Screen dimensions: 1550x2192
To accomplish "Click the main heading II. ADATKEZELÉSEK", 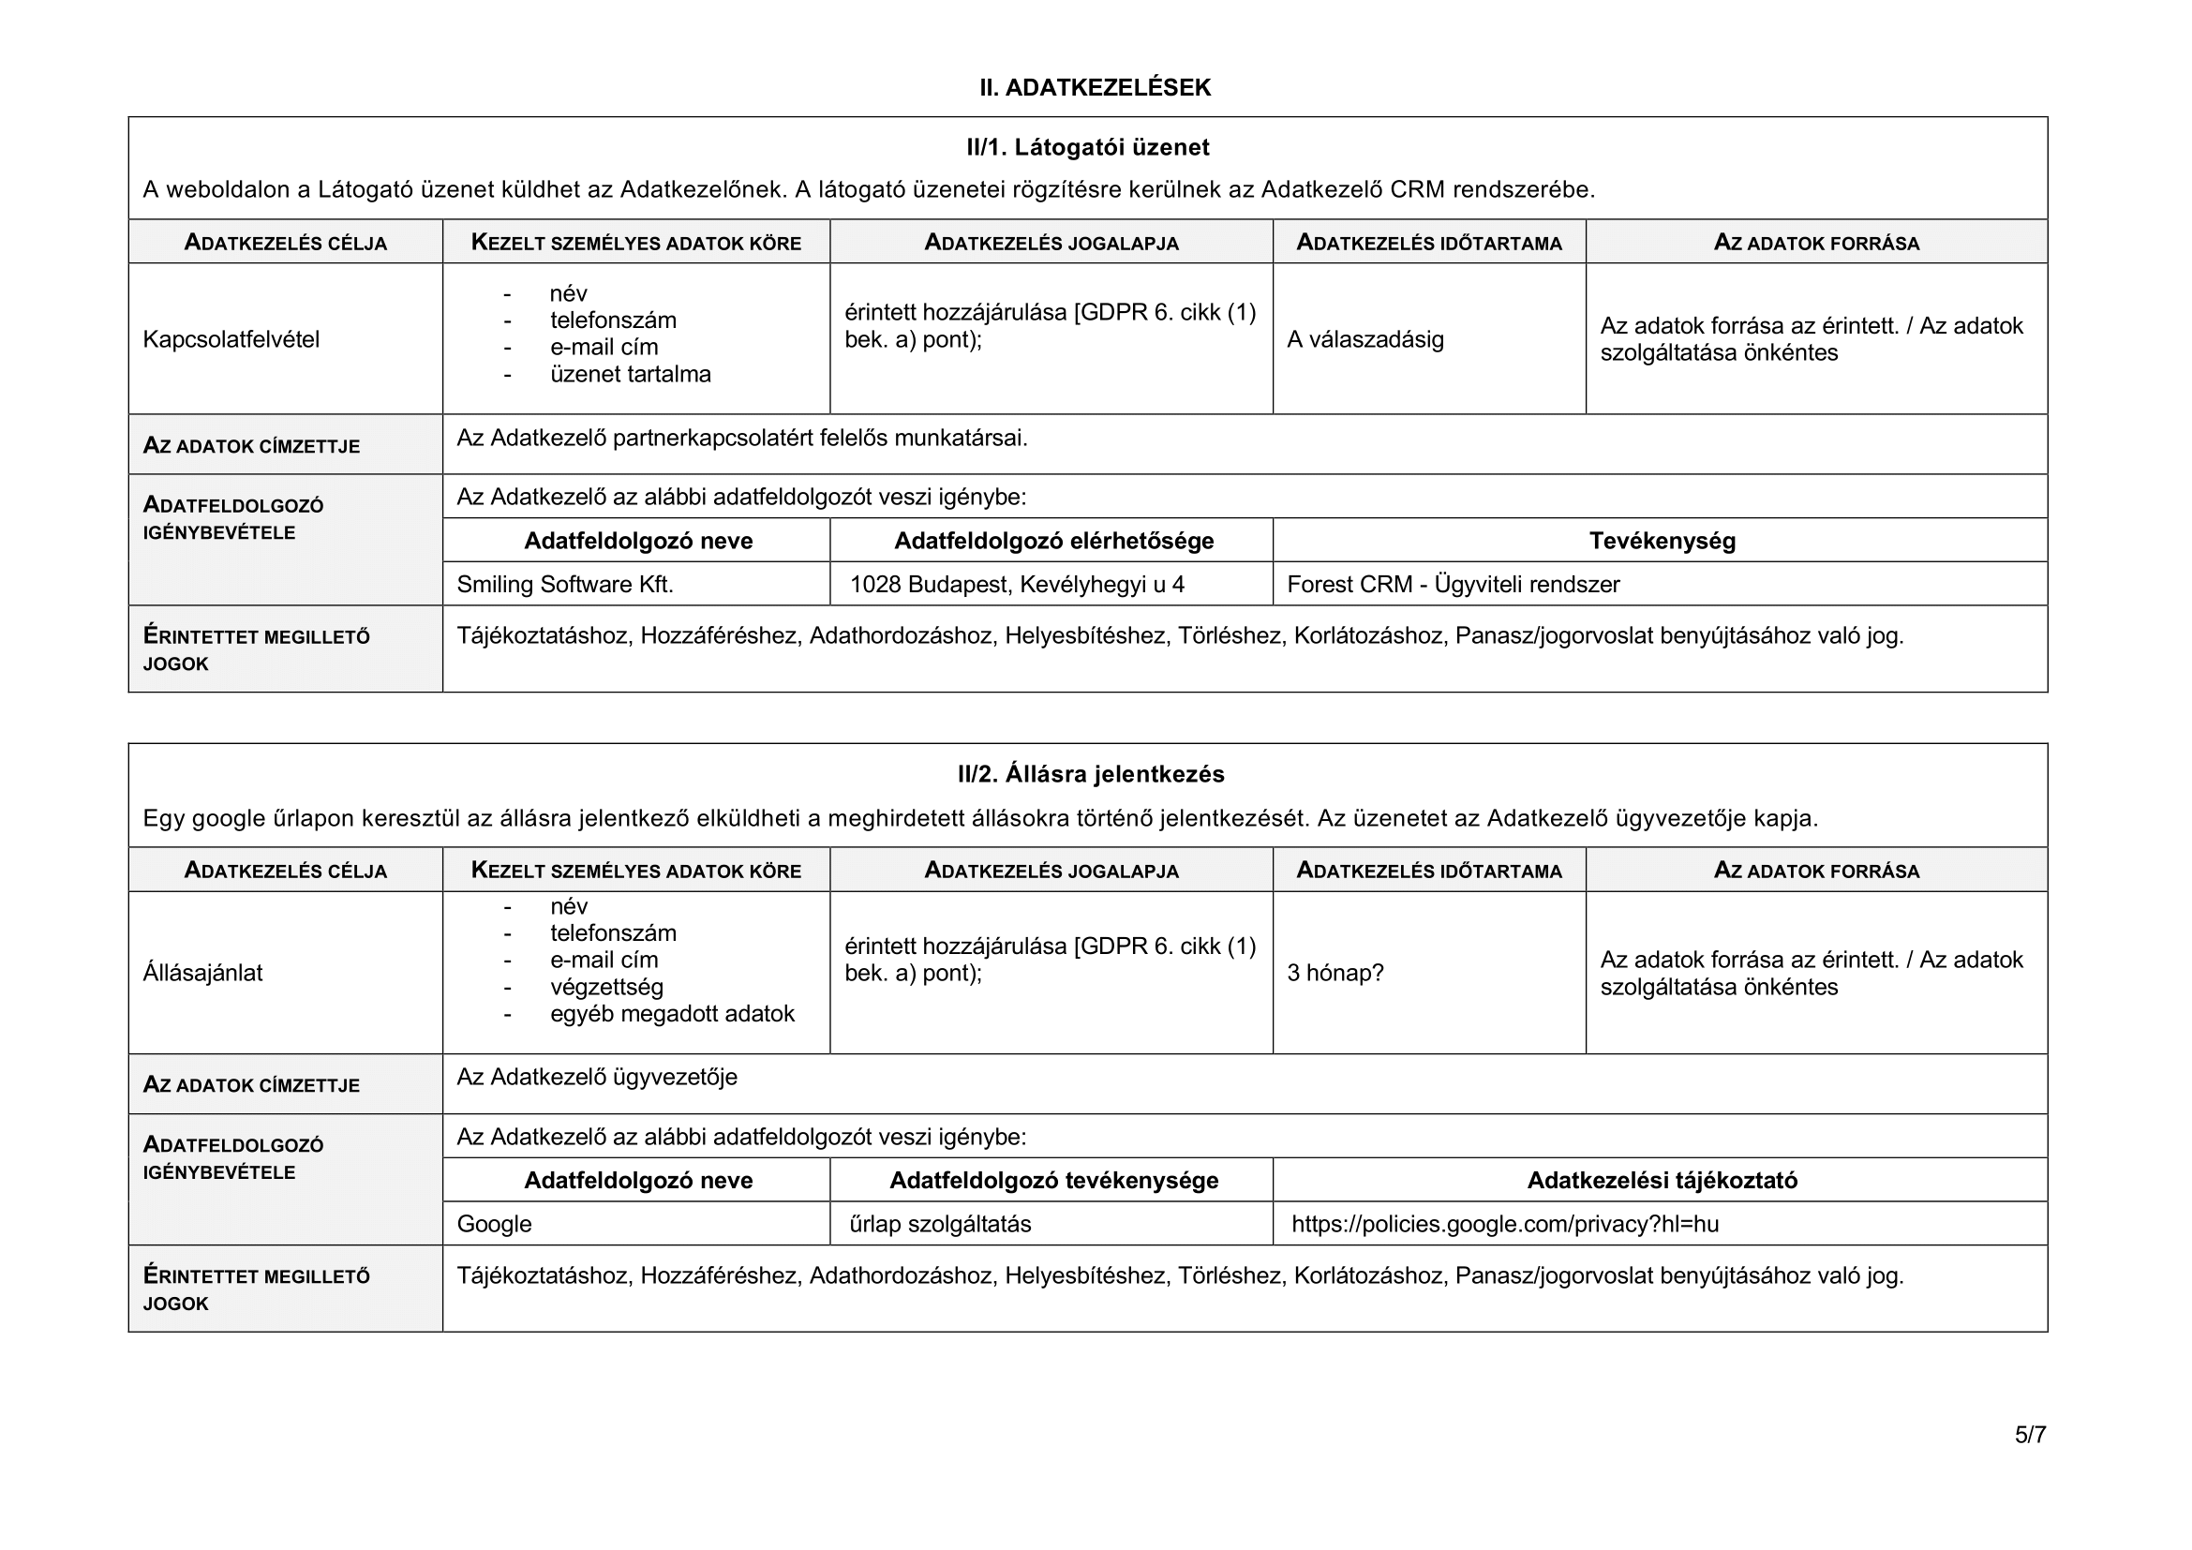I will tap(1094, 88).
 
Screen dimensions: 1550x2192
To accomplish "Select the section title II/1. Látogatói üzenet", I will tap(1087, 147).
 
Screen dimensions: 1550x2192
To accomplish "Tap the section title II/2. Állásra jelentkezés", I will tap(1090, 774).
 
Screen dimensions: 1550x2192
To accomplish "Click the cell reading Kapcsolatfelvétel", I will tap(231, 340).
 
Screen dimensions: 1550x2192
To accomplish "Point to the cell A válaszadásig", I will tap(1364, 340).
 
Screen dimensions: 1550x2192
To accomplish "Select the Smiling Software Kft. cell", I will tap(565, 584).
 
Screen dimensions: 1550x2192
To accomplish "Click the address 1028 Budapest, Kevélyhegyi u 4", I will tap(1017, 584).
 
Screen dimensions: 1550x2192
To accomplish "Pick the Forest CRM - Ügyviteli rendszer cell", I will tap(1454, 584).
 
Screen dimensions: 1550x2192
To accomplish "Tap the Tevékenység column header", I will tap(1662, 541).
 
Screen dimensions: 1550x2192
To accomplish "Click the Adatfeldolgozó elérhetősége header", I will tap(1053, 541).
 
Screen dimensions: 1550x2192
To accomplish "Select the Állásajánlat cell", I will tap(202, 973).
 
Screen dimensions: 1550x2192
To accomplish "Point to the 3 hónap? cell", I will tap(1335, 973).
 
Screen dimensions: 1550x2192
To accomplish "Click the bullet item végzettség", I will tap(606, 987).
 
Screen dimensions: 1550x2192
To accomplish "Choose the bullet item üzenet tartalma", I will tap(630, 374).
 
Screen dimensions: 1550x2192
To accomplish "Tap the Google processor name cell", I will tap(494, 1224).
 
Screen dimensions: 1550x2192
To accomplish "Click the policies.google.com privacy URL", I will tap(1505, 1224).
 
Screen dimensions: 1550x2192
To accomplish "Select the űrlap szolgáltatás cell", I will tap(939, 1224).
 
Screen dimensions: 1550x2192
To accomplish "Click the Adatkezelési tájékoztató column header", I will tap(1662, 1181).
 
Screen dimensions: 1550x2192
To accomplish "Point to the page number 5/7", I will tap(2030, 1435).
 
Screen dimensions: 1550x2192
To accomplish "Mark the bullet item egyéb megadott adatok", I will tap(671, 1014).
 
